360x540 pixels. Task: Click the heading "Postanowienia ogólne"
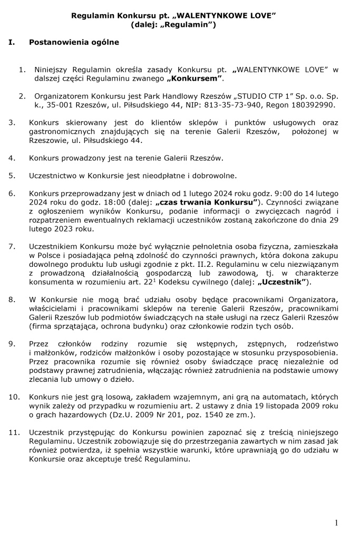pyautogui.click(x=74, y=42)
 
